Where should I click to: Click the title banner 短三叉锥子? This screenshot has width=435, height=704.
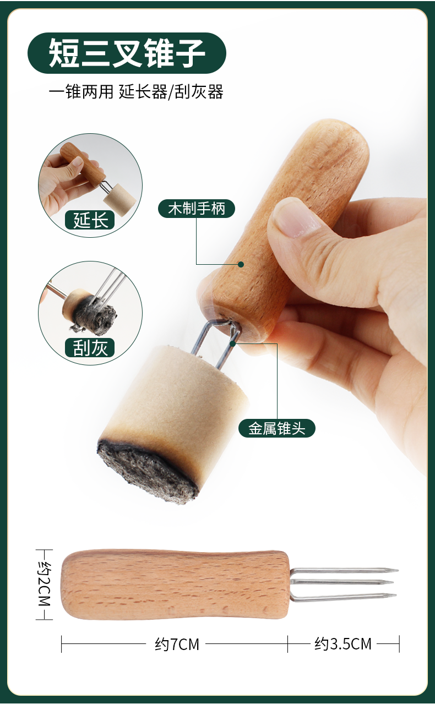point(127,53)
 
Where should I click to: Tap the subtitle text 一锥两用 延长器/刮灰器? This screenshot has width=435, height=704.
point(136,91)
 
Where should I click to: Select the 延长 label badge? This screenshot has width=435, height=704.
point(90,220)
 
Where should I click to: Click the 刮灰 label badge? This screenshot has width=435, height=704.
point(90,348)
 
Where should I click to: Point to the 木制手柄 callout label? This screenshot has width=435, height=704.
point(197,209)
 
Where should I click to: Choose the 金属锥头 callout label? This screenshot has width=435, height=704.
point(277,428)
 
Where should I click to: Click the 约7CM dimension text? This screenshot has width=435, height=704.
point(177,643)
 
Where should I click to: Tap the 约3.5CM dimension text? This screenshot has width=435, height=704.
point(343,643)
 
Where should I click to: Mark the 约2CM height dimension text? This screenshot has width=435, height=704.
point(44,584)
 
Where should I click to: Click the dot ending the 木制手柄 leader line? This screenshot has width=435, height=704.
point(241,264)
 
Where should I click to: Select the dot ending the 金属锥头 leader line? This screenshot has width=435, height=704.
point(233,343)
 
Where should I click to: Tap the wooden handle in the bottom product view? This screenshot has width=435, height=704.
point(175,584)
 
